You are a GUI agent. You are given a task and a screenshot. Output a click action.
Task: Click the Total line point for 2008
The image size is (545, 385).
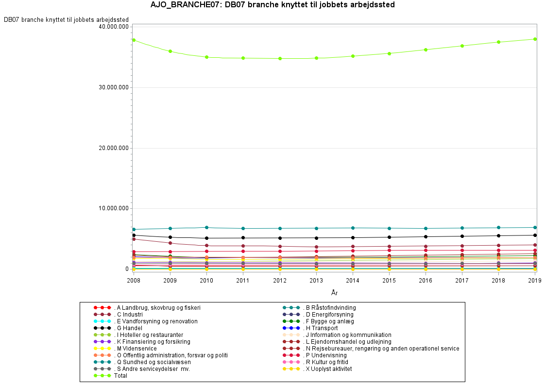pyautogui.click(x=134, y=40)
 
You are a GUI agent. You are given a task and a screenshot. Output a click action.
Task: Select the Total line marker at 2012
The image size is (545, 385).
pyautogui.click(x=280, y=58)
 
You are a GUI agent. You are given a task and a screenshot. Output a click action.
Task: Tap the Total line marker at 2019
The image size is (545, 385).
pyautogui.click(x=535, y=39)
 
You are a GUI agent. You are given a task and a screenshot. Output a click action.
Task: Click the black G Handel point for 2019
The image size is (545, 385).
pyautogui.click(x=535, y=235)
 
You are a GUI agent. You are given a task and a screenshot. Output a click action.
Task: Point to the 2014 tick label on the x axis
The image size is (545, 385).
pyautogui.click(x=353, y=280)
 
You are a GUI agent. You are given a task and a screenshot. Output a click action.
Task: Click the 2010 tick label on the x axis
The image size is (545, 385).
pyautogui.click(x=206, y=280)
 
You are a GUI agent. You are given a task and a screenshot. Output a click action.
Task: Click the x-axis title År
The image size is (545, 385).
pyautogui.click(x=334, y=293)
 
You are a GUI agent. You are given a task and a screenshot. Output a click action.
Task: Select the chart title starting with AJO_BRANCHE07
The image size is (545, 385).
pyautogui.click(x=272, y=5)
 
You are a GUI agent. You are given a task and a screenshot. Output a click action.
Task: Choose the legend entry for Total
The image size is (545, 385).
pyautogui.click(x=120, y=376)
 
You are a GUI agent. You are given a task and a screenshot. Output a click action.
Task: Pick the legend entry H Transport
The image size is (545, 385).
pyautogui.click(x=320, y=328)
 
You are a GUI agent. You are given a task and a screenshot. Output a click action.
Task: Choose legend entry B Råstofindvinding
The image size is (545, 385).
pyautogui.click(x=330, y=308)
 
